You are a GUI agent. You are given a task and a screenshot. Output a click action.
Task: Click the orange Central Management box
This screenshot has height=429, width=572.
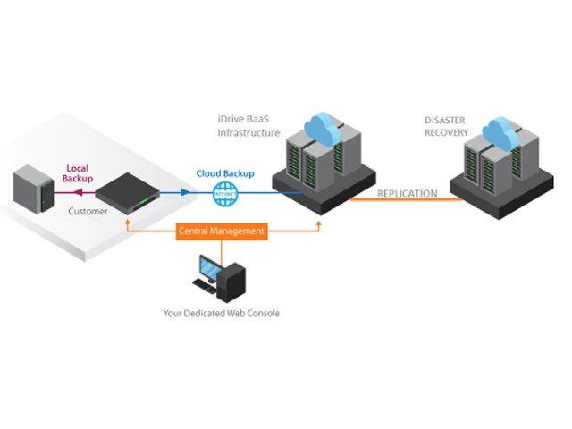point(223,231)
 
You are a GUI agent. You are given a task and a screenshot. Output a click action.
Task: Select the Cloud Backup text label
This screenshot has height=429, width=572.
point(223,173)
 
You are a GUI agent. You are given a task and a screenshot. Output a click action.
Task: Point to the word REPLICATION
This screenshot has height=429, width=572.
point(407,193)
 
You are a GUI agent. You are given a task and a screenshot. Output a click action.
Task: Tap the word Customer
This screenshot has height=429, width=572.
point(88,212)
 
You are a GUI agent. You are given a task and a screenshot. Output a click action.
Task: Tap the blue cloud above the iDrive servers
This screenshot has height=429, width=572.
point(319,128)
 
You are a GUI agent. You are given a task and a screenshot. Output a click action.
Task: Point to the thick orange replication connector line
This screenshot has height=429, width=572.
point(402,201)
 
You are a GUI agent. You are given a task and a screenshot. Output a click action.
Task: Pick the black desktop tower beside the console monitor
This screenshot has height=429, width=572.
point(233,279)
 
